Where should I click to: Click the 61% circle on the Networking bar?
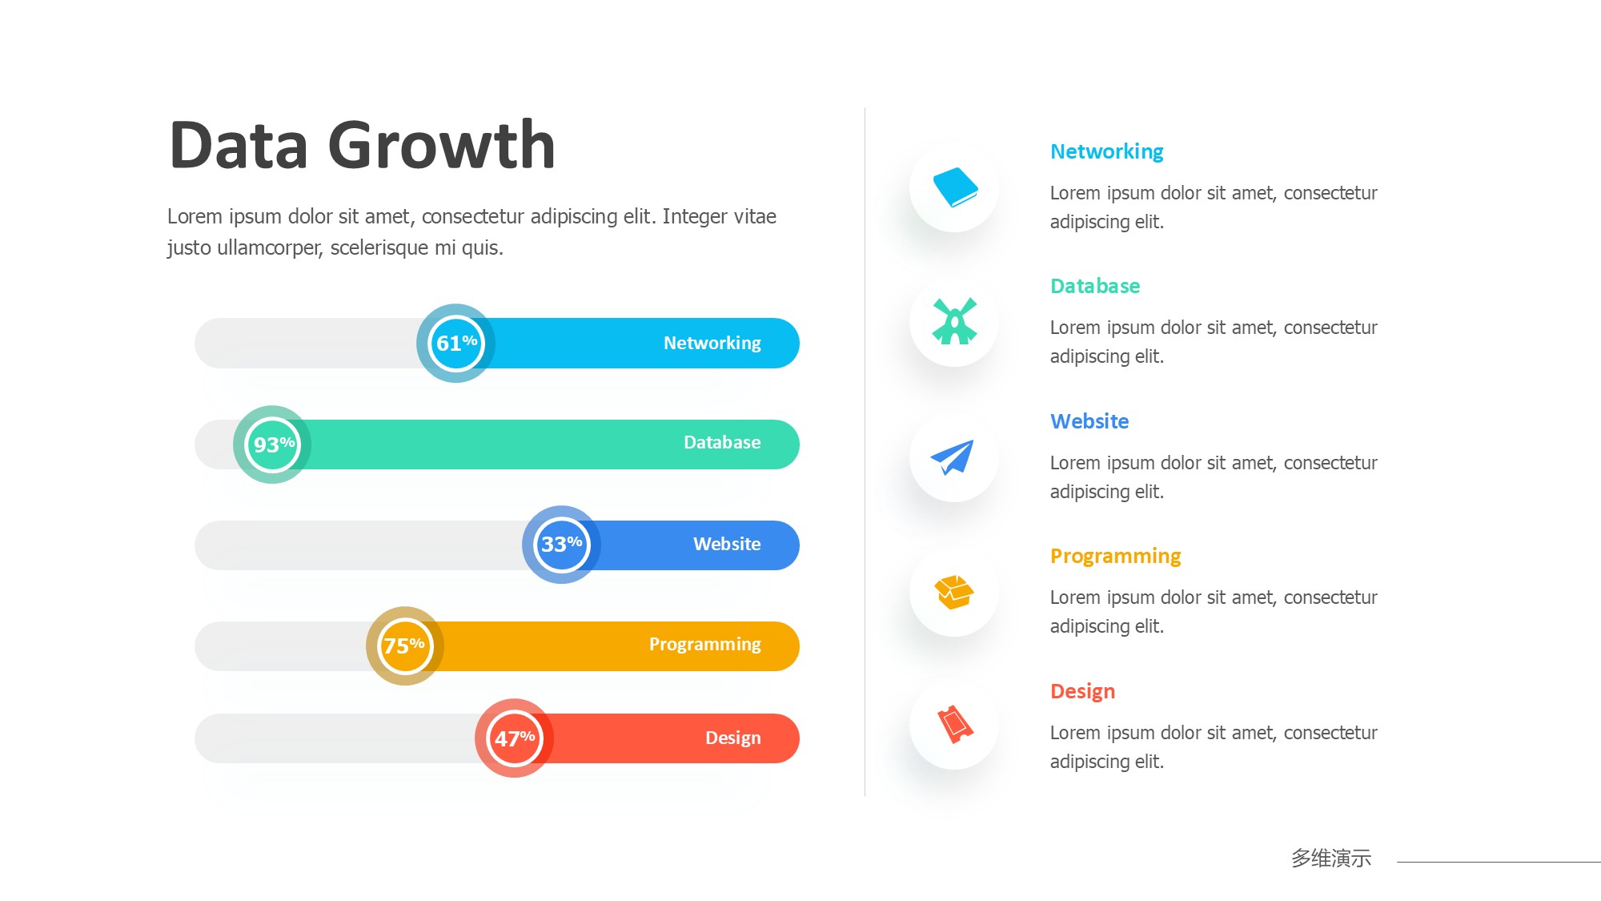(x=455, y=343)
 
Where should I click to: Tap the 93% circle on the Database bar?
(x=272, y=444)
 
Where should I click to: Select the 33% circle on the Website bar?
(x=561, y=545)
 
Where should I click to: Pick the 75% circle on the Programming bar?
(x=405, y=646)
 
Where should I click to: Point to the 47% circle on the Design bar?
(x=514, y=738)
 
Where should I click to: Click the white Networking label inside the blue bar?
(x=712, y=344)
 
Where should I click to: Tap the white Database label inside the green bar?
(x=722, y=442)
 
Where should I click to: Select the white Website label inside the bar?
(x=727, y=544)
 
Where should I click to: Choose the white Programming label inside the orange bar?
(x=705, y=645)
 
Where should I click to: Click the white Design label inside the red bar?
(x=733, y=738)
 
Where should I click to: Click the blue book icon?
(x=955, y=187)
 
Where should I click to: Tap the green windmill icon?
(x=954, y=321)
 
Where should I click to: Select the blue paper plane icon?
(x=953, y=457)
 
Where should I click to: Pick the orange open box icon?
(x=953, y=593)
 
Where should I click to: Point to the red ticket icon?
(x=955, y=725)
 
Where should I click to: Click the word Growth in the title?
(x=442, y=146)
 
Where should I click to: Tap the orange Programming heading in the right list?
(x=1115, y=557)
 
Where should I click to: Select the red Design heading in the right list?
(x=1082, y=692)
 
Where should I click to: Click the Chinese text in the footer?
(x=1331, y=858)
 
